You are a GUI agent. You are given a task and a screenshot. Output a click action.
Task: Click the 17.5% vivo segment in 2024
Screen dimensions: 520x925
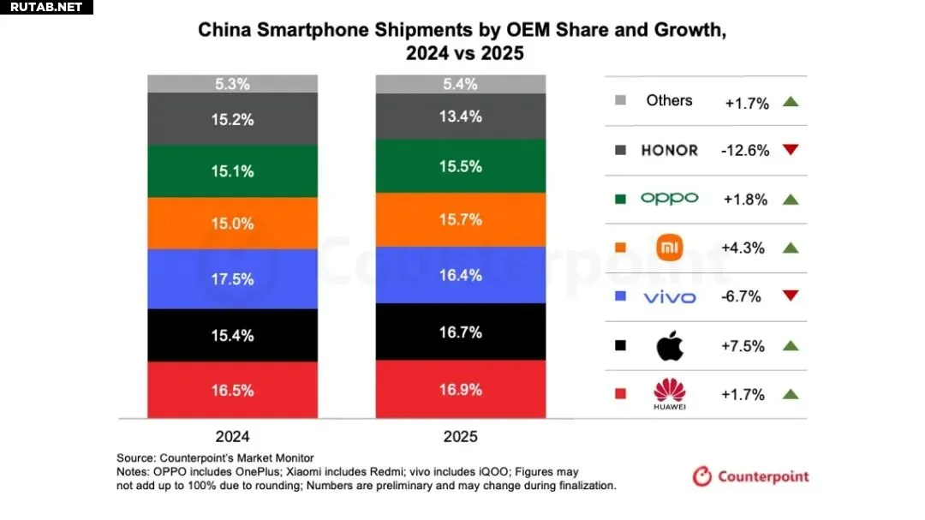[232, 279]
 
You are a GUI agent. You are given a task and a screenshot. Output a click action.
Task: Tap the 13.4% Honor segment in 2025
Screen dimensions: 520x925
[461, 117]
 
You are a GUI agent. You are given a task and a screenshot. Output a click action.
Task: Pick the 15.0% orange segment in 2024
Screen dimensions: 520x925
[232, 224]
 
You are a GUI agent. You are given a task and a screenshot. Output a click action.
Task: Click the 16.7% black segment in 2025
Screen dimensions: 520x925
[461, 332]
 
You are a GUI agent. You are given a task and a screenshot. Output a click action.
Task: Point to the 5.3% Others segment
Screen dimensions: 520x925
[232, 84]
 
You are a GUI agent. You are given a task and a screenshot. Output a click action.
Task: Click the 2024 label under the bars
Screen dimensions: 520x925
[232, 437]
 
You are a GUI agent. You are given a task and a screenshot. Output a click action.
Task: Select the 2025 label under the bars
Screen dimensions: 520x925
[461, 437]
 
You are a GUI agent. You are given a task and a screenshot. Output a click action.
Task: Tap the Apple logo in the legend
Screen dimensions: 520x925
[669, 346]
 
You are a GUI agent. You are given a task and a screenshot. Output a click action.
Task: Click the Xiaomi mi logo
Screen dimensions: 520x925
[669, 248]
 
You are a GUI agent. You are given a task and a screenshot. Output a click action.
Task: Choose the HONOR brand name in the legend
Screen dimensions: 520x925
[669, 151]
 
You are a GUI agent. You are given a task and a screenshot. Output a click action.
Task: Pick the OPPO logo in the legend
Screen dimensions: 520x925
[669, 199]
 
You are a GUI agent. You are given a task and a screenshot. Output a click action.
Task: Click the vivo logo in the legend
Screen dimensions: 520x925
[669, 297]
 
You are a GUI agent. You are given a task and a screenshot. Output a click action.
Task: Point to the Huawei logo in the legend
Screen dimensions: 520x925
[669, 395]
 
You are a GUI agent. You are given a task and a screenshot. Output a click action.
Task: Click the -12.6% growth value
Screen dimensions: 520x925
[746, 151]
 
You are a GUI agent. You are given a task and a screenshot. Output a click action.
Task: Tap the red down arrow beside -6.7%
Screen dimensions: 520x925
[791, 296]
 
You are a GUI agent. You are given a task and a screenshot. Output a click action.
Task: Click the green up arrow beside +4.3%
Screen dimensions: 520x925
[791, 248]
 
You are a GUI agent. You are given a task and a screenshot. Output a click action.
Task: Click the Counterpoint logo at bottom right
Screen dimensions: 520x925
[750, 476]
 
